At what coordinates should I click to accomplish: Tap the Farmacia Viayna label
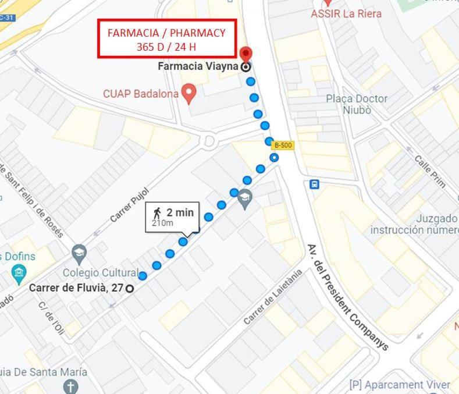coord(198,66)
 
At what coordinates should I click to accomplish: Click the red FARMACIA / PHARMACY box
coord(166,40)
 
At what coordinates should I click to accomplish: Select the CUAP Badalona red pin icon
coord(188,93)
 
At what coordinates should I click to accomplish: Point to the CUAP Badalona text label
coord(140,93)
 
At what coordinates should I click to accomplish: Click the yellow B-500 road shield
coord(283,145)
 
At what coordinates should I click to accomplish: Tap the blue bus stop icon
coord(314,184)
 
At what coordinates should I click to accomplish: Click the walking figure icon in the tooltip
coord(157,212)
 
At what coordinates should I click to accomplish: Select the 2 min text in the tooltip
coord(180,212)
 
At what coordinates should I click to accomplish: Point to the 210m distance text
coord(162,223)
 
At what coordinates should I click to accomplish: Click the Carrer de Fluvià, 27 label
coord(76,287)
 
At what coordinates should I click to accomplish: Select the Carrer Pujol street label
coord(129,205)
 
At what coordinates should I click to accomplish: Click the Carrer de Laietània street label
coord(273,297)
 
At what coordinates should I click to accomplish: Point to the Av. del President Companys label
coord(347,297)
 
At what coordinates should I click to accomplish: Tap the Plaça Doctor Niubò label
coord(357,104)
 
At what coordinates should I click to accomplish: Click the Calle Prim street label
coord(430,171)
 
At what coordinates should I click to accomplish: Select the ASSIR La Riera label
coord(346,13)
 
